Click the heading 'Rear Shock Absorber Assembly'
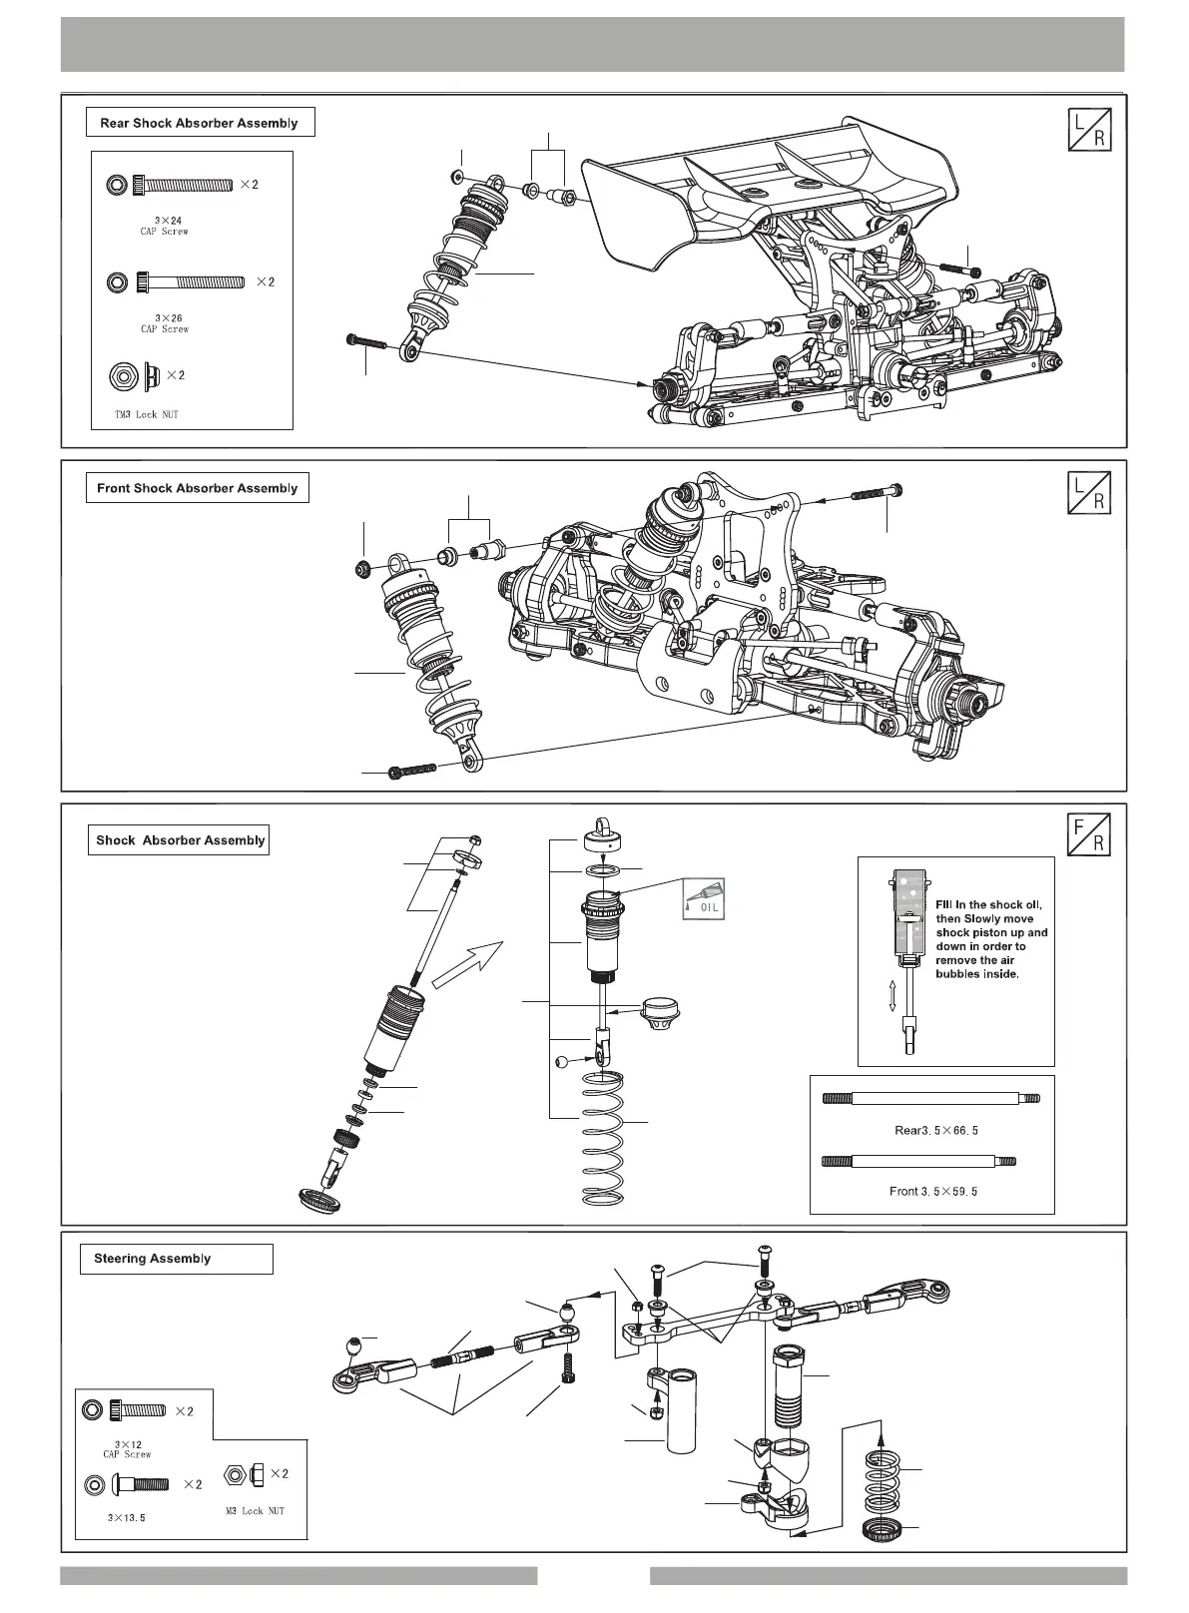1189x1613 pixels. click(x=199, y=123)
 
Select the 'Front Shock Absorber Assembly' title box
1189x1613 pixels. click(x=197, y=488)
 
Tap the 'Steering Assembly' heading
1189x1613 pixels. click(x=153, y=1259)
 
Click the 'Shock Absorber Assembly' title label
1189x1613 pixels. click(x=180, y=839)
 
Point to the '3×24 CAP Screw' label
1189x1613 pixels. click(x=165, y=225)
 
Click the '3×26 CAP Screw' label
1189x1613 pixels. click(x=165, y=322)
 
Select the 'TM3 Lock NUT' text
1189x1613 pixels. click(x=146, y=414)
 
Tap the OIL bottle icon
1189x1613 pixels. click(x=704, y=898)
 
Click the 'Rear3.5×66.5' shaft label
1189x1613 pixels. click(x=932, y=1131)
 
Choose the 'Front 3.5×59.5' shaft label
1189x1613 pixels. click(x=932, y=1191)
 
